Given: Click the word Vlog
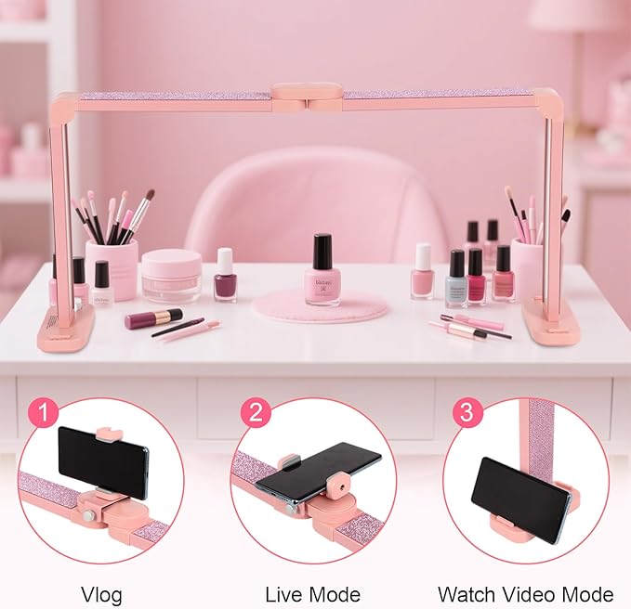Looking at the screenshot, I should pyautogui.click(x=100, y=594).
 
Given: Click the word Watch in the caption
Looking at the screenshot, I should pyautogui.click(x=467, y=594).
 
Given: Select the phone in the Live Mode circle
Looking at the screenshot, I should pyautogui.click(x=319, y=470).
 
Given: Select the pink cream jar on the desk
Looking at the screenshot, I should pyautogui.click(x=171, y=274).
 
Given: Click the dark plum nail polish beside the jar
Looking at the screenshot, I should pyautogui.click(x=225, y=275).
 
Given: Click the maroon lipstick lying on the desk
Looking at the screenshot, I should pyautogui.click(x=152, y=318).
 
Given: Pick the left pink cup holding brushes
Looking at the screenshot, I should pyautogui.click(x=112, y=267).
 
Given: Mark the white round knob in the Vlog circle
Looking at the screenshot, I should pyautogui.click(x=90, y=515).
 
